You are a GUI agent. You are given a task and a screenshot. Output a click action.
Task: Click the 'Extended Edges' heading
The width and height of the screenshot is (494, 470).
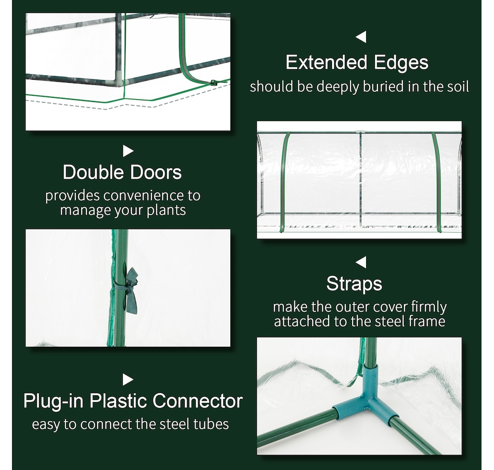(357, 62)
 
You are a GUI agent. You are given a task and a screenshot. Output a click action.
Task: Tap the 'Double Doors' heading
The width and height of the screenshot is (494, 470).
(122, 172)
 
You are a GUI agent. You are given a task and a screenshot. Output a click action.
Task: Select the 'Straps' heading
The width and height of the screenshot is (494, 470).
(354, 284)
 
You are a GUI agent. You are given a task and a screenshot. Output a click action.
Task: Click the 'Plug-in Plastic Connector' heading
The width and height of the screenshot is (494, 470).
(133, 401)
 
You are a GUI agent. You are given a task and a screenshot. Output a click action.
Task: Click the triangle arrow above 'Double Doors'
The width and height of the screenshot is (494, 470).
(128, 151)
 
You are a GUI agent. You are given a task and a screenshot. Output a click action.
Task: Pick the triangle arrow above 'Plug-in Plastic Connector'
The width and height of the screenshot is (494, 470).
(128, 379)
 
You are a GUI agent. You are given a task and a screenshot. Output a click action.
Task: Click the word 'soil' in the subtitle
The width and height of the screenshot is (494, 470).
(458, 86)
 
